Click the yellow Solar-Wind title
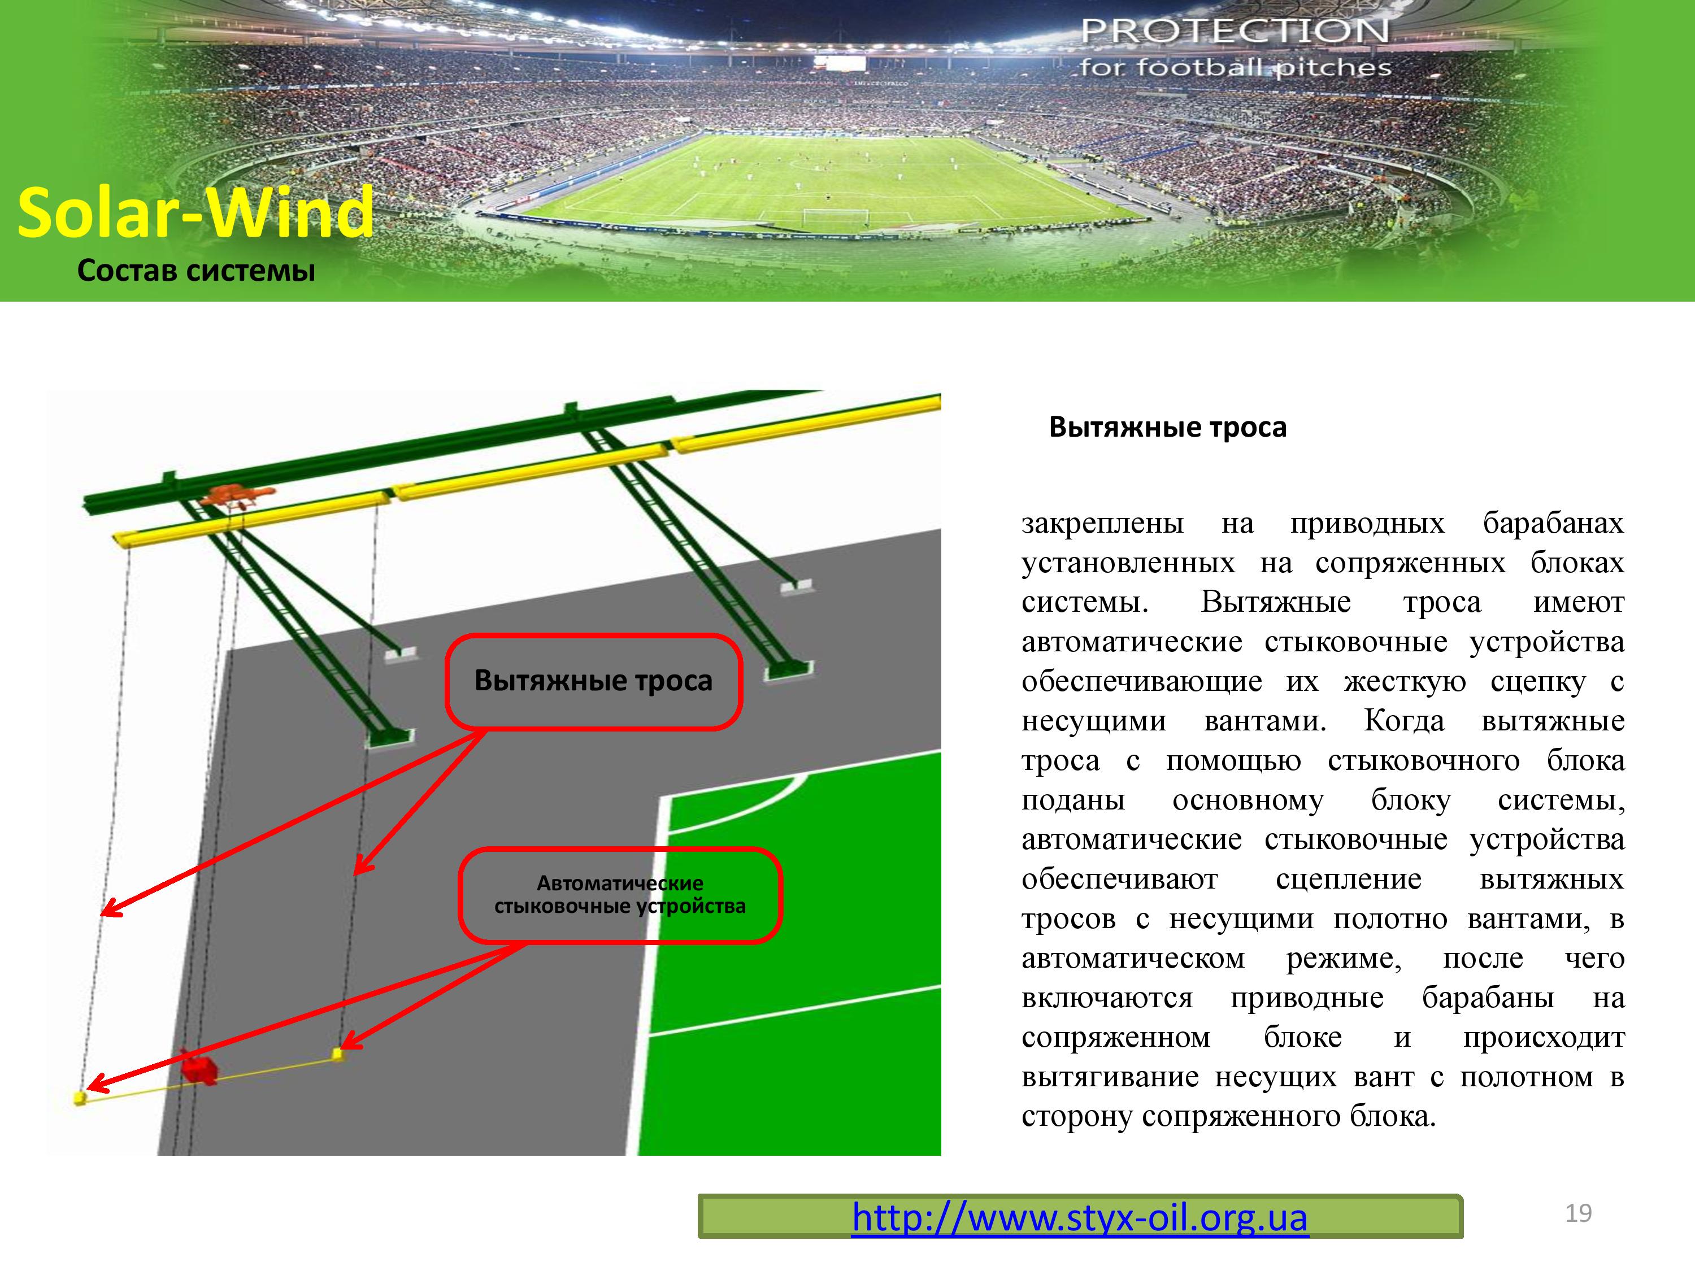click(195, 212)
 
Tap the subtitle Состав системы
click(196, 271)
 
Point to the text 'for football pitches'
click(1235, 67)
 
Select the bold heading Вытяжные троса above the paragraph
click(1168, 426)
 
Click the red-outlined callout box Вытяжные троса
click(593, 681)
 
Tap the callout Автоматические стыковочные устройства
click(620, 895)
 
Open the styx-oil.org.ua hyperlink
click(1080, 1217)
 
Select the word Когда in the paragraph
click(1404, 721)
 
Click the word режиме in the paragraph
click(1343, 959)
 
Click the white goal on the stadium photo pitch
click(835, 217)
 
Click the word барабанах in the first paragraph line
click(1553, 523)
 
